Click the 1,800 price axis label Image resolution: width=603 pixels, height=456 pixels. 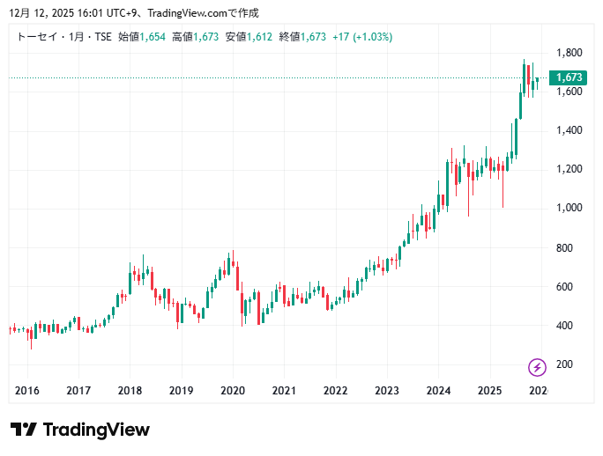[x=568, y=53]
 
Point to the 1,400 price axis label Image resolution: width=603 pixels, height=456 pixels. [x=568, y=130]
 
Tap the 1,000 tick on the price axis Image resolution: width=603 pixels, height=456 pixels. [x=568, y=208]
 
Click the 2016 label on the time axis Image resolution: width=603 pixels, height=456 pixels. [x=27, y=391]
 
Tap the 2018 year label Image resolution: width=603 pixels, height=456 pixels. [x=130, y=391]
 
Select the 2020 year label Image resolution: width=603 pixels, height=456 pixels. [x=232, y=391]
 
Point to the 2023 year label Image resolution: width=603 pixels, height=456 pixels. [x=386, y=391]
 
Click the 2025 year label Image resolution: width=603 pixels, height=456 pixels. [x=489, y=391]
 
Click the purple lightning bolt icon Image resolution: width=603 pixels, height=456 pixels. [x=536, y=367]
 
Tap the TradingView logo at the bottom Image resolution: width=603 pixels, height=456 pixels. [x=80, y=430]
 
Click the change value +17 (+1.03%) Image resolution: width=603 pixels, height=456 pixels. [x=362, y=37]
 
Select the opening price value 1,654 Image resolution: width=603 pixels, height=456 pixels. [x=153, y=37]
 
